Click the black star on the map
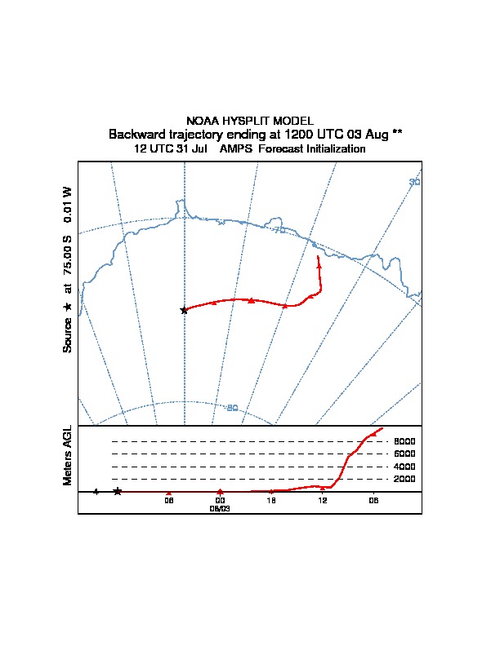tap(184, 310)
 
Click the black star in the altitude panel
tap(118, 491)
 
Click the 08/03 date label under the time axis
tap(220, 507)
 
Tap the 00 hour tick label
tap(220, 500)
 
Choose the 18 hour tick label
tap(271, 500)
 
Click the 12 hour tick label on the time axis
tap(323, 500)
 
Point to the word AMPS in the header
tap(237, 149)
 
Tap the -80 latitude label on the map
tap(232, 408)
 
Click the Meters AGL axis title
tap(69, 455)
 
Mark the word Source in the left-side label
tap(69, 335)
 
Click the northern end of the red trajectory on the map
tap(318, 257)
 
